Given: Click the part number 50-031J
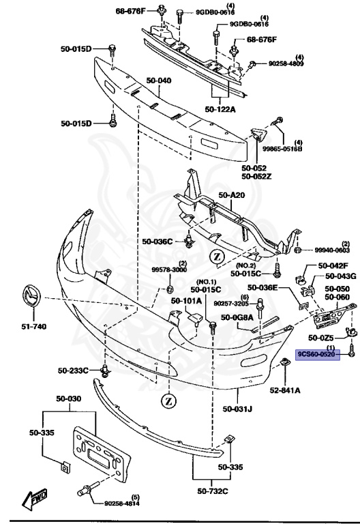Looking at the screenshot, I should [237, 409].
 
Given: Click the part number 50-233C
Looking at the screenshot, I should [72, 370].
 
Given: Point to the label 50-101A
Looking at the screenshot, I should [186, 300].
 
